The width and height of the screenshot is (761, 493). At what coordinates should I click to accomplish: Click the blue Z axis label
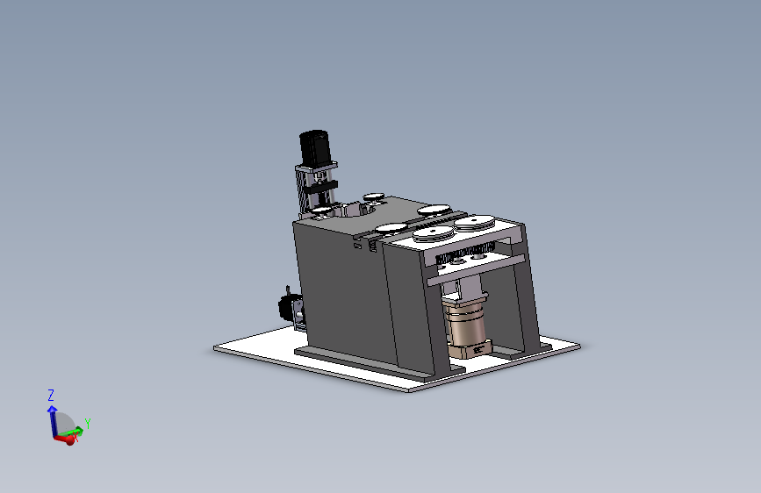pos(51,395)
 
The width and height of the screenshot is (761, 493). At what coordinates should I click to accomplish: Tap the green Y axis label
pos(88,423)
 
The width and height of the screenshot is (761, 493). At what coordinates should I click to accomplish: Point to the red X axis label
pos(75,438)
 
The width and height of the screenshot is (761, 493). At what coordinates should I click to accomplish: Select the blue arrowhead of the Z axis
pos(52,410)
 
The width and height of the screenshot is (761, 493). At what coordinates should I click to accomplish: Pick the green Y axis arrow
pos(73,431)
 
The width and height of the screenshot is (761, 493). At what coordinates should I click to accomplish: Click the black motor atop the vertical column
pos(315,147)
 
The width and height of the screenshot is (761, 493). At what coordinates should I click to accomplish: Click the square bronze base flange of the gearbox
pos(470,349)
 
